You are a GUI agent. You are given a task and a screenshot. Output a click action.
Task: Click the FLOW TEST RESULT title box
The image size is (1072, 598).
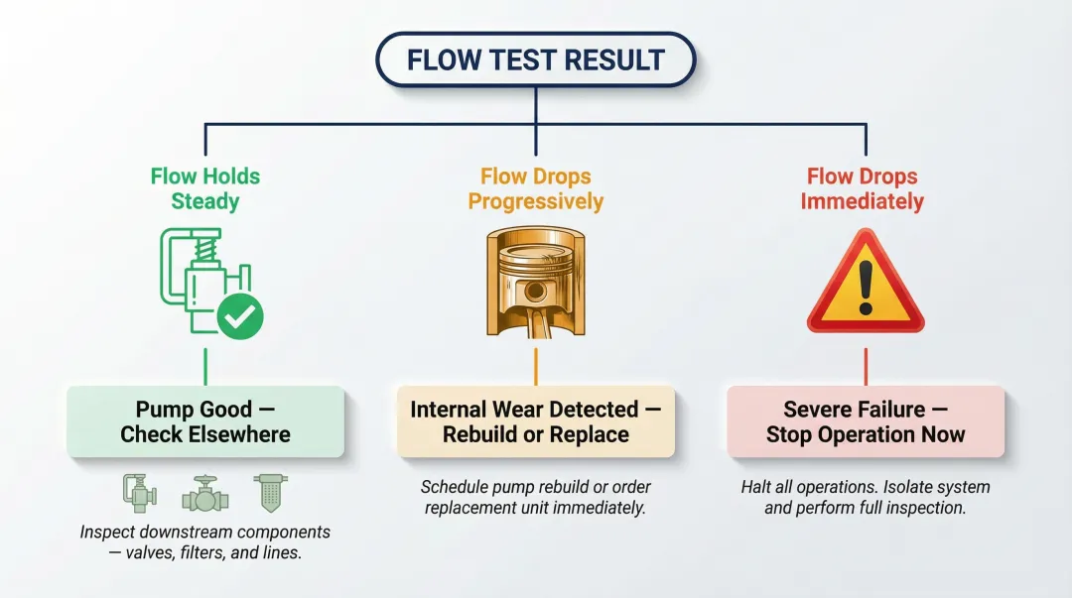tap(535, 60)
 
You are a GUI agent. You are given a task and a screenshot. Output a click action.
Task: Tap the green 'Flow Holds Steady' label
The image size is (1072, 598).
tap(205, 188)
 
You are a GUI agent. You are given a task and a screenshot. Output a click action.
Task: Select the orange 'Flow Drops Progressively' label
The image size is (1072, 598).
tap(535, 188)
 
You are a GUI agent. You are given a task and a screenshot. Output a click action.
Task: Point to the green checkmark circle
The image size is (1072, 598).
tap(240, 316)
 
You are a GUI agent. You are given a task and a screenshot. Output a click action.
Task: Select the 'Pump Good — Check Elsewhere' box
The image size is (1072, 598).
tap(205, 421)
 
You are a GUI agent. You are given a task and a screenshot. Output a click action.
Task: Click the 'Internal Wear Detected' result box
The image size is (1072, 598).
tap(535, 421)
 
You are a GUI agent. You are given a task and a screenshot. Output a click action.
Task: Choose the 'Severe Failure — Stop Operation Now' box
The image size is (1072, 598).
tap(866, 421)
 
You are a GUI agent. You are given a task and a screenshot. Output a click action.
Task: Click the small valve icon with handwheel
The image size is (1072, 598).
tap(205, 492)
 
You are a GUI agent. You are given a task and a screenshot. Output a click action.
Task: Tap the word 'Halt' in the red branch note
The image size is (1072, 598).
tap(757, 487)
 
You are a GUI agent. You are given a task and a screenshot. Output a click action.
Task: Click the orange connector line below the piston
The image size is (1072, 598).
tap(535, 366)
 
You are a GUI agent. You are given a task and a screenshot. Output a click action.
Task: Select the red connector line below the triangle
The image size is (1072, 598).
tap(866, 366)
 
